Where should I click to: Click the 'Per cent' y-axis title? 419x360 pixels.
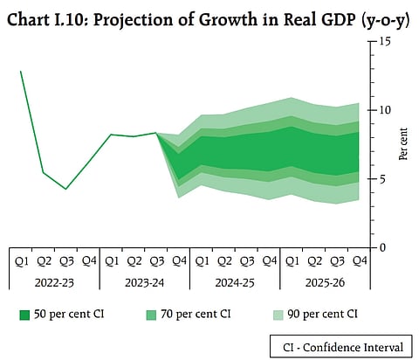click(402, 144)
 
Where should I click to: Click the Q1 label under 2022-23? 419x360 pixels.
click(21, 260)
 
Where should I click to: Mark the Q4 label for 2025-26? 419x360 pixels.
click(359, 260)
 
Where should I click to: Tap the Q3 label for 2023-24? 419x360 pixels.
click(156, 260)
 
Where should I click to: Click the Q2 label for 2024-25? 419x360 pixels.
click(223, 260)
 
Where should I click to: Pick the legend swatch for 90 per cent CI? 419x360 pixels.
click(247, 313)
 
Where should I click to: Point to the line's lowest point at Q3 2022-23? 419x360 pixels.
click(65, 189)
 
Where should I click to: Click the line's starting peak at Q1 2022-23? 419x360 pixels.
click(21, 72)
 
